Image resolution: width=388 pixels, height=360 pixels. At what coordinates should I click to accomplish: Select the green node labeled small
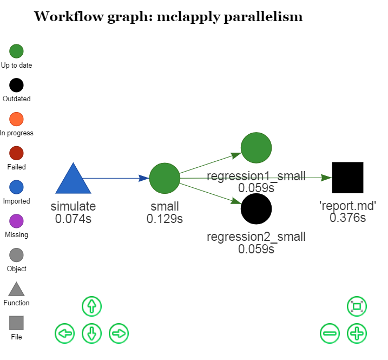click(x=165, y=178)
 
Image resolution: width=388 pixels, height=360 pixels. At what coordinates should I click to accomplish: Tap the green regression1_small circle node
click(x=256, y=147)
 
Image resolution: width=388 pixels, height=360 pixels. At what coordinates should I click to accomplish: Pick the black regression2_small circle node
click(x=256, y=209)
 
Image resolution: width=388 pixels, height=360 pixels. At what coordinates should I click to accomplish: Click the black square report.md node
click(x=347, y=178)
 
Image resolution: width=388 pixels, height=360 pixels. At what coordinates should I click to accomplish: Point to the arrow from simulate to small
click(x=116, y=178)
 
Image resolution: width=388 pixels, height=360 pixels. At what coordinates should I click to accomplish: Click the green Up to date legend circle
click(x=16, y=51)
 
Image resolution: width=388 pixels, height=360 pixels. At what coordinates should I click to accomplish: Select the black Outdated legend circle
click(x=16, y=86)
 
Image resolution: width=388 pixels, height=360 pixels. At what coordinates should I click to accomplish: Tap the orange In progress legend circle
click(x=16, y=119)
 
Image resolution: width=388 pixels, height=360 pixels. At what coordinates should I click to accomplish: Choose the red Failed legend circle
click(x=16, y=153)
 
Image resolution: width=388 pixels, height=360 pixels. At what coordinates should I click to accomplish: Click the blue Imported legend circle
click(x=16, y=187)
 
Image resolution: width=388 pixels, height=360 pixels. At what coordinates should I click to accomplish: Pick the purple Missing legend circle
click(x=16, y=221)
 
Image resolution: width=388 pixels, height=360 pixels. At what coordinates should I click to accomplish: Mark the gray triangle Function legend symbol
click(x=16, y=290)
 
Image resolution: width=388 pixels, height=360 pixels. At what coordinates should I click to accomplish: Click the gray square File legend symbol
click(x=16, y=323)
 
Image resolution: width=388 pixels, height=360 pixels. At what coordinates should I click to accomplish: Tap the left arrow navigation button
click(x=64, y=333)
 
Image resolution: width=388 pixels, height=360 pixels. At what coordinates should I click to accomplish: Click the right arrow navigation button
click(x=119, y=333)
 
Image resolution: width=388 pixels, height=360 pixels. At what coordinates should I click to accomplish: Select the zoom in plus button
click(x=357, y=333)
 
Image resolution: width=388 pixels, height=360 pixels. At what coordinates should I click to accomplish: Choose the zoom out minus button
click(x=330, y=333)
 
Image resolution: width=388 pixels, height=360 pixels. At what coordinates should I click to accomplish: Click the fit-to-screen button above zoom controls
click(x=357, y=306)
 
